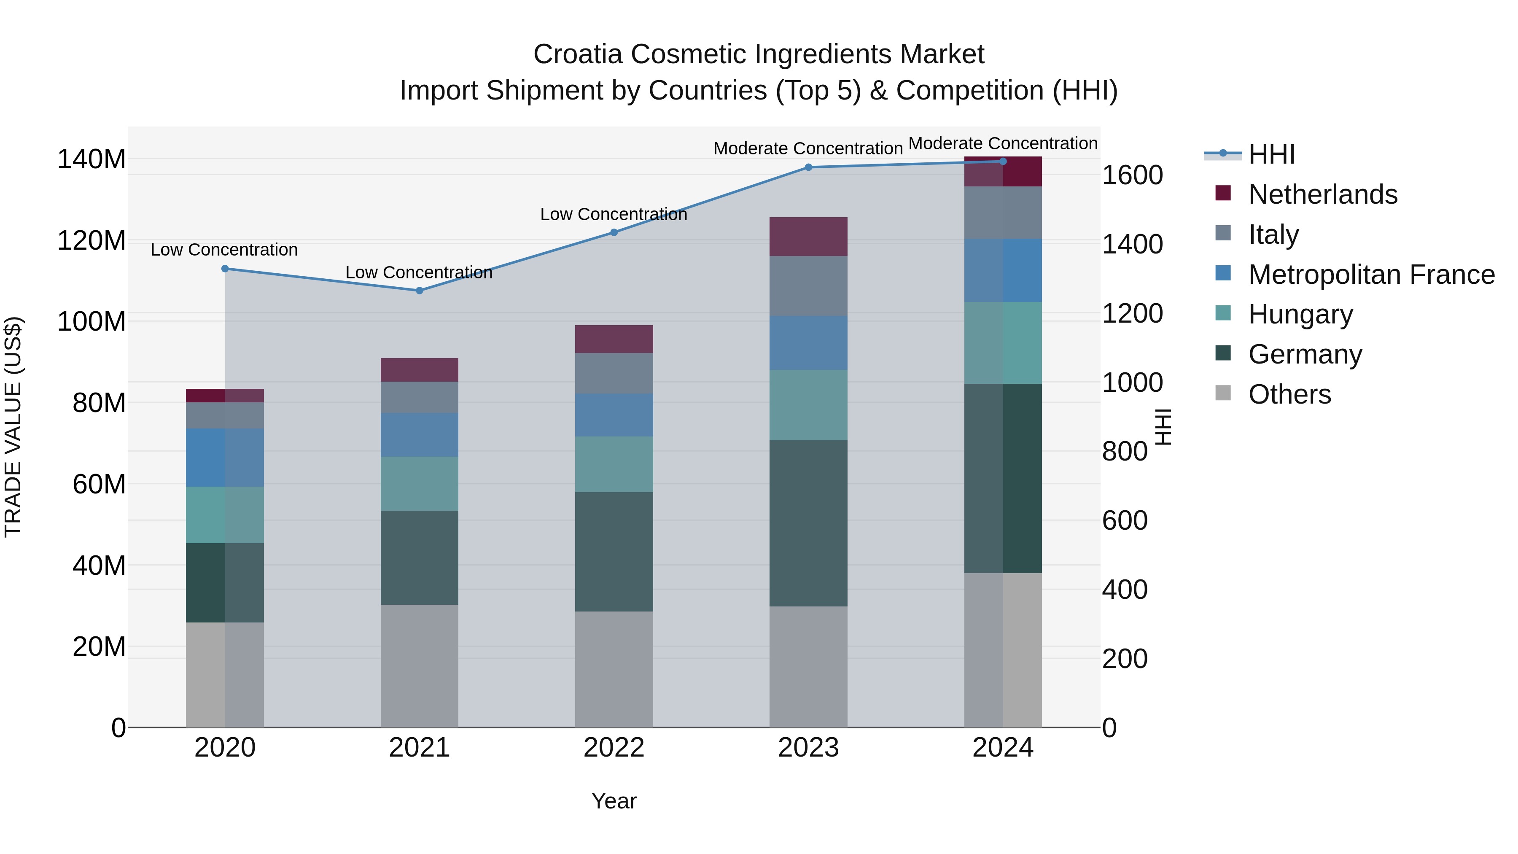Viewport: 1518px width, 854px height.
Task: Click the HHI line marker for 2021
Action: tap(419, 291)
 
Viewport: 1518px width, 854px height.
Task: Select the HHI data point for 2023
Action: tap(808, 167)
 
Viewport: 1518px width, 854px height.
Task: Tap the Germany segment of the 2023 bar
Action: tap(808, 523)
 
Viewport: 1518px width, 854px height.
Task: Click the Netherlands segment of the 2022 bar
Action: tap(614, 339)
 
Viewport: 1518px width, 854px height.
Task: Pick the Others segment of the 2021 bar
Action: tap(419, 665)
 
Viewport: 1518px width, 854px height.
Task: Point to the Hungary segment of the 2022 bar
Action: tap(614, 464)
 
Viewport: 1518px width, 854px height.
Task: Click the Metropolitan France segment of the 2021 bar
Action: tap(419, 434)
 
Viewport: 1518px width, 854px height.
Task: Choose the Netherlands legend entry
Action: tap(1322, 194)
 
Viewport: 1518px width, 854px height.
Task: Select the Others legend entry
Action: tap(1289, 394)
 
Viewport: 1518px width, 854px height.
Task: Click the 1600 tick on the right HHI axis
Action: tap(1131, 175)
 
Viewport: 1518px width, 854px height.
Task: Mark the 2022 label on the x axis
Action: tap(614, 748)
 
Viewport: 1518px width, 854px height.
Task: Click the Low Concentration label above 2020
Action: tap(224, 250)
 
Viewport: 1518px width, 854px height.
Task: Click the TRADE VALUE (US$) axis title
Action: tap(13, 427)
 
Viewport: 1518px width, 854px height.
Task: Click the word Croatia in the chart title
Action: tap(578, 54)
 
